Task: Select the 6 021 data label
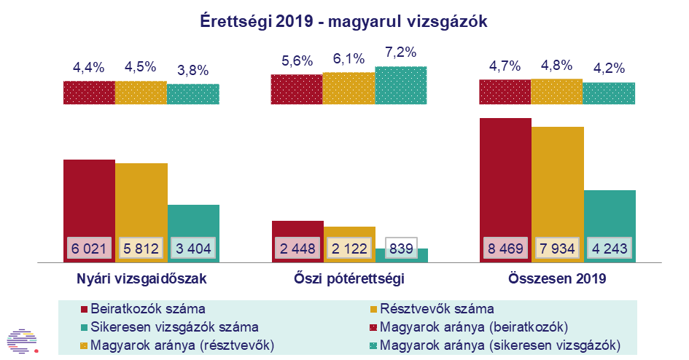(89, 249)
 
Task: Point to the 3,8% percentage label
(192, 71)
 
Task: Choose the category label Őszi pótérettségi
(349, 278)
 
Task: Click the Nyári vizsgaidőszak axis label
(141, 278)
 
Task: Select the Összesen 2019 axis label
(557, 278)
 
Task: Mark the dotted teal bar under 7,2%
(400, 87)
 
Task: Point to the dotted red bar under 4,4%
(89, 93)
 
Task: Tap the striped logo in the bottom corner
(20, 339)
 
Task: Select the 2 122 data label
(349, 249)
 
